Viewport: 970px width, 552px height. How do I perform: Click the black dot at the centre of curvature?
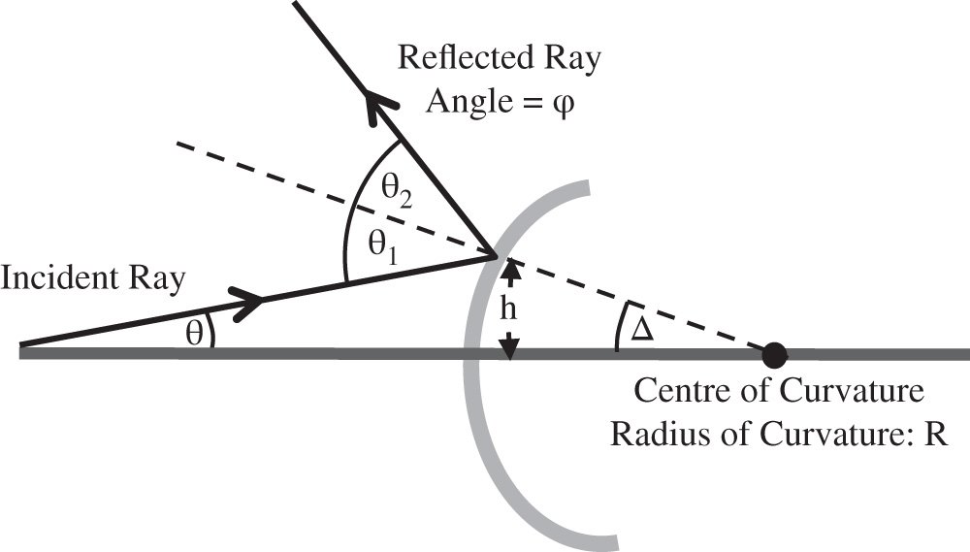pyautogui.click(x=774, y=353)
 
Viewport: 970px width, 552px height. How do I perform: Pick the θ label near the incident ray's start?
pyautogui.click(x=194, y=332)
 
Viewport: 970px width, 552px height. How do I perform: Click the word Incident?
pyautogui.click(x=46, y=278)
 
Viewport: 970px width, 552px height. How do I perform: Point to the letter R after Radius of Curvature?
pyautogui.click(x=935, y=430)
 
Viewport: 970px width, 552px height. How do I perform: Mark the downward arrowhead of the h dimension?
pyautogui.click(x=509, y=344)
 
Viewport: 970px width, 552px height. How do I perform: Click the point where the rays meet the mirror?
pyautogui.click(x=497, y=256)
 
